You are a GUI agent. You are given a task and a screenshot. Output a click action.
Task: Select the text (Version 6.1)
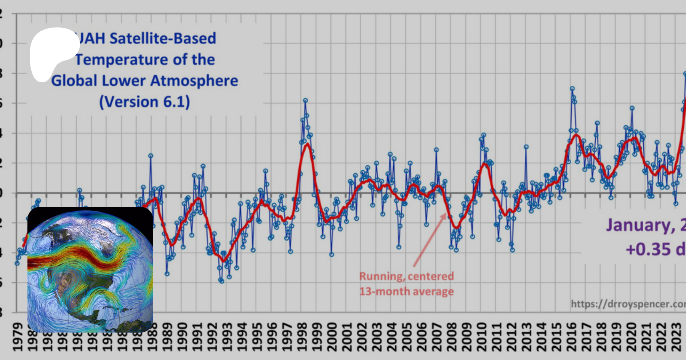coord(144,102)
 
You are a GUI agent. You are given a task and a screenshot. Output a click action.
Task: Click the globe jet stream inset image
coord(90,270)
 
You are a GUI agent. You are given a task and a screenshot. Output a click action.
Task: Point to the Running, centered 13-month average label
coord(407,284)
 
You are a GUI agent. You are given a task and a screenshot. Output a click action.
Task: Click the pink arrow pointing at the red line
coord(430,240)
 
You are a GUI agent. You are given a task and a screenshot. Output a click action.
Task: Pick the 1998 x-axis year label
coord(302,337)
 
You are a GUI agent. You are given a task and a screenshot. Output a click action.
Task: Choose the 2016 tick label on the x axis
coord(571,337)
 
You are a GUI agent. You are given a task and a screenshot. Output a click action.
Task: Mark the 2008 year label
coord(452,337)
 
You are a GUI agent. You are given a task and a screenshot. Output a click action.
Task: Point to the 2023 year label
coord(676,337)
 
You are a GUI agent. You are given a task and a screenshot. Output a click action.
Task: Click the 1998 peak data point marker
coord(305,101)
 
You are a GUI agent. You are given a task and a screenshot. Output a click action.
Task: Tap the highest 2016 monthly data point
coord(572,88)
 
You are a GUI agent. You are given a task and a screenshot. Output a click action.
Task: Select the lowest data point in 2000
coord(332,254)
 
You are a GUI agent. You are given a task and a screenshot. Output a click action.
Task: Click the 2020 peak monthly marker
coord(632,108)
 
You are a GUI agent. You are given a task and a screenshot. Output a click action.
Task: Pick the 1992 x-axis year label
coord(212,337)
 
